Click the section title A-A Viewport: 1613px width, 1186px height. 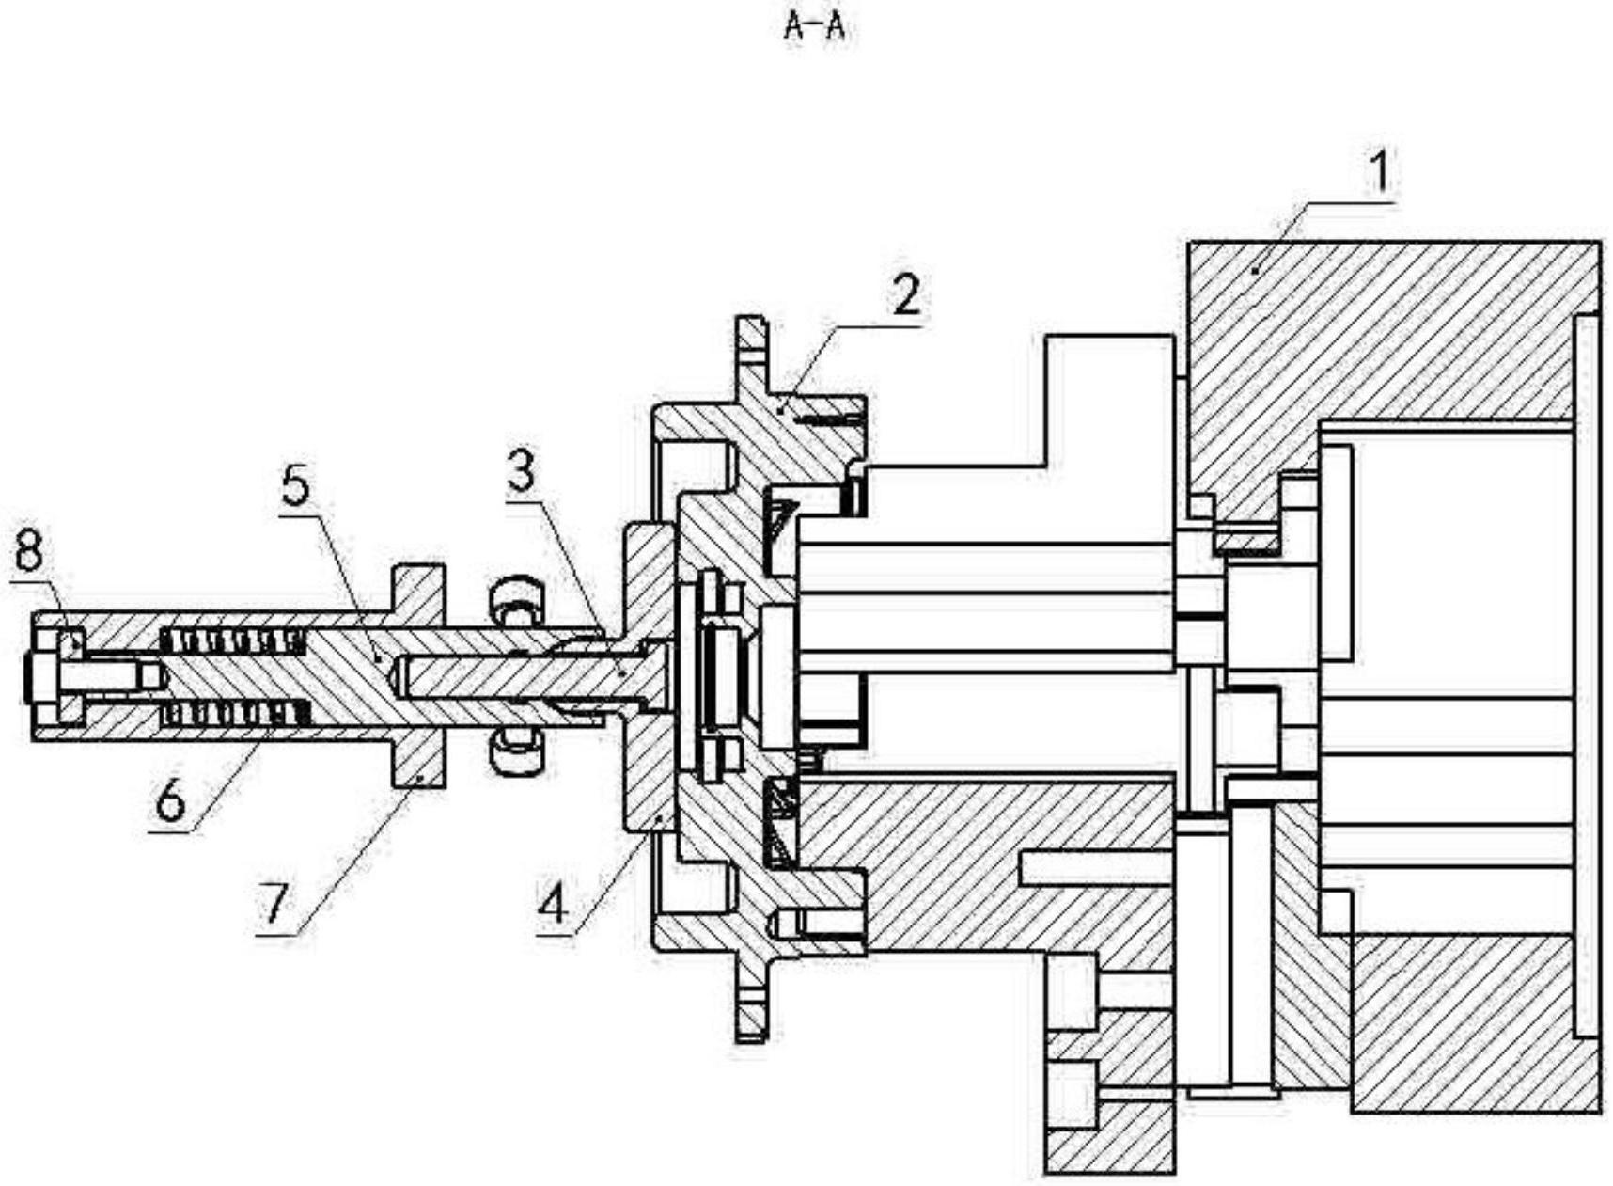[814, 27]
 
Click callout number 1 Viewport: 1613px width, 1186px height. [1378, 173]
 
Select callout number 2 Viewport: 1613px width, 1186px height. [906, 294]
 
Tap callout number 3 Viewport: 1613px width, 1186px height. [521, 471]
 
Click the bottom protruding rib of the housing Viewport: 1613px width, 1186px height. [751, 1006]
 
